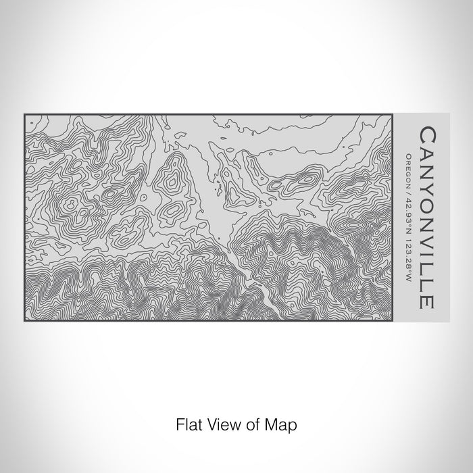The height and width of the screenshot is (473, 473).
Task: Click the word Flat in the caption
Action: pyautogui.click(x=188, y=425)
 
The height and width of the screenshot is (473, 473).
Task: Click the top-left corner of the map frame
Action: pyautogui.click(x=25, y=115)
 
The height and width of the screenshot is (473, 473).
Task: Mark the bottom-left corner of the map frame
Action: pyautogui.click(x=25, y=321)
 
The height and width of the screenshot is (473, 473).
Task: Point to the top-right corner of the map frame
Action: pyautogui.click(x=392, y=115)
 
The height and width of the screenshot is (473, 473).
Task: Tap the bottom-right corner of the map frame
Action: pyautogui.click(x=392, y=321)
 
